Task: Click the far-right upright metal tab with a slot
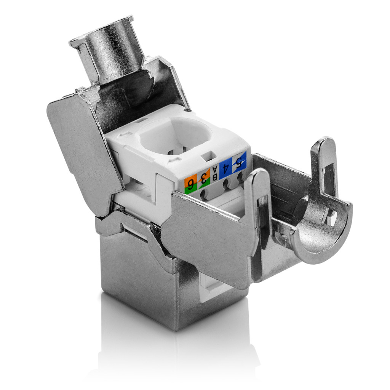pyautogui.click(x=323, y=168)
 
